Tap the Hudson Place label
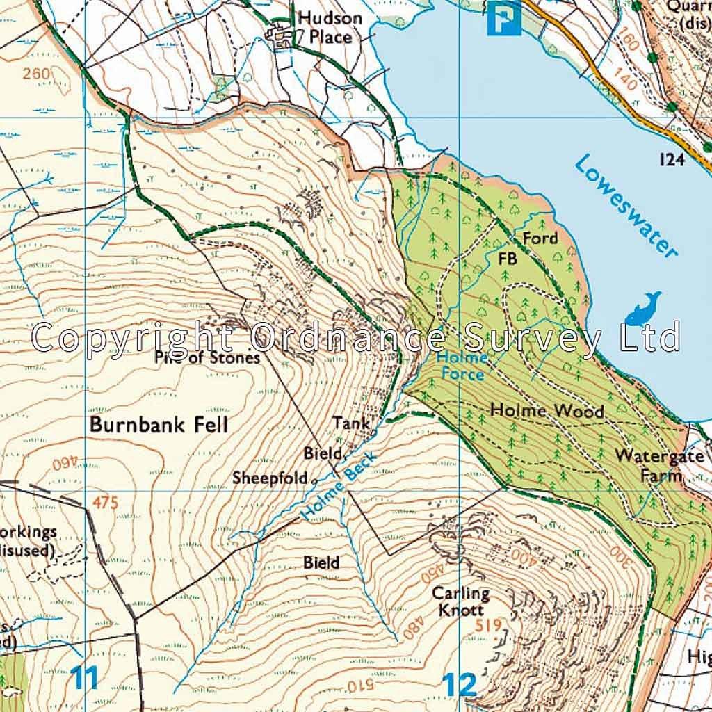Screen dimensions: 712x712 [x=330, y=27]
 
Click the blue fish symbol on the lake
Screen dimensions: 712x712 [x=644, y=309]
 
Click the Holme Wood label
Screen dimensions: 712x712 [x=547, y=411]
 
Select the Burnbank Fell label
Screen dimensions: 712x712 [x=159, y=425]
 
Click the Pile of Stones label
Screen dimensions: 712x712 [x=208, y=358]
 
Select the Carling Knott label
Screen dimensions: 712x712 [x=461, y=601]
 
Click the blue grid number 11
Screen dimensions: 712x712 [x=85, y=678]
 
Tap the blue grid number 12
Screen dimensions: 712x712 [x=460, y=685]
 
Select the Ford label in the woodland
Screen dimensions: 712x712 [x=540, y=238]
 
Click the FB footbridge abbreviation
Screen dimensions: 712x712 [x=509, y=259]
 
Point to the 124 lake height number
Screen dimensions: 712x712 [x=672, y=160]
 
